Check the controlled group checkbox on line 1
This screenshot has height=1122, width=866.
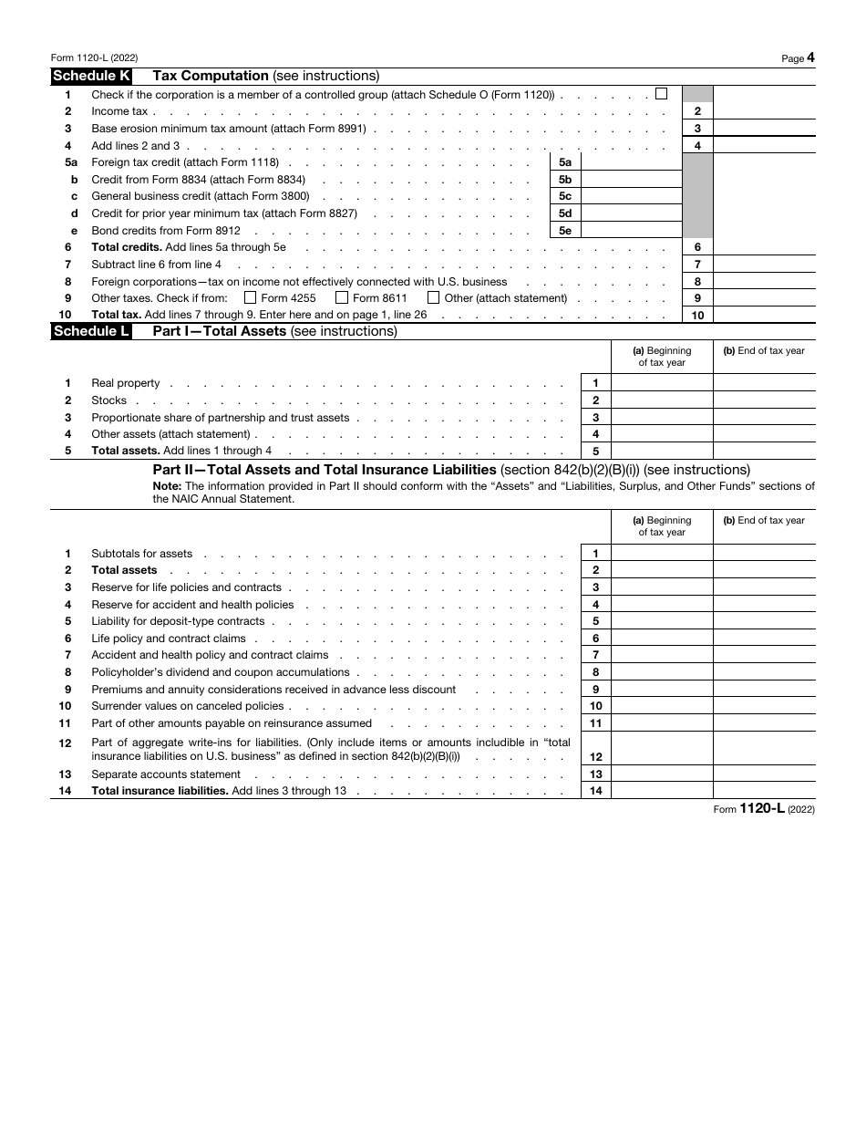click(661, 93)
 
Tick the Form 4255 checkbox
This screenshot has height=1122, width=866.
click(251, 297)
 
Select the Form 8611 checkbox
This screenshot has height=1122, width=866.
click(342, 297)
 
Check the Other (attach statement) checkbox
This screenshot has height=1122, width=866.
click(434, 297)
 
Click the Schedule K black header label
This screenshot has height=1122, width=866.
click(90, 77)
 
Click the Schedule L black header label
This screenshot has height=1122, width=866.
click(90, 331)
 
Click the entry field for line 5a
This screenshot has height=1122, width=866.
click(631, 162)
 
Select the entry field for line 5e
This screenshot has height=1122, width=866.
click(631, 231)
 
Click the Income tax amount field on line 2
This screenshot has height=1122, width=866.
click(764, 111)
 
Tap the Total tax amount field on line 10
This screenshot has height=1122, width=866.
click(764, 316)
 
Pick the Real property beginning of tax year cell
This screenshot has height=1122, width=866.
click(661, 384)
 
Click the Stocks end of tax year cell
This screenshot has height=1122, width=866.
click(764, 400)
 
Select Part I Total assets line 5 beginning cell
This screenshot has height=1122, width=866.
click(661, 451)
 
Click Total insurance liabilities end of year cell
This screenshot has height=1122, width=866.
click(764, 791)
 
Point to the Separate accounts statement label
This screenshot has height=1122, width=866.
click(153, 774)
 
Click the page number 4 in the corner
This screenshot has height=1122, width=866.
click(810, 57)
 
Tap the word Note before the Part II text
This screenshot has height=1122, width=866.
click(167, 486)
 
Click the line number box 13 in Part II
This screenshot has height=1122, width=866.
click(595, 774)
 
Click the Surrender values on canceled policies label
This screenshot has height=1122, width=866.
click(188, 706)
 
